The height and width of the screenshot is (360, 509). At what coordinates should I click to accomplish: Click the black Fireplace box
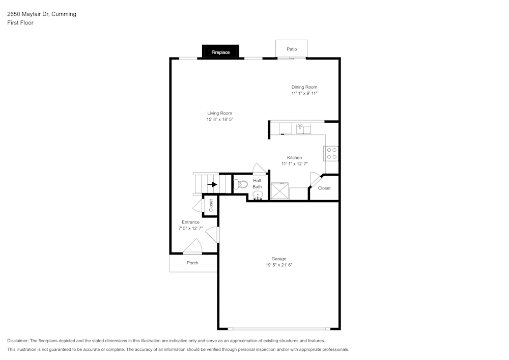coord(220,52)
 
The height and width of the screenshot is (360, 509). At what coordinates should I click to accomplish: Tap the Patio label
coord(291,49)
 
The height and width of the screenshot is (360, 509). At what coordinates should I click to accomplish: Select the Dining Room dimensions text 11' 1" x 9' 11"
coord(304,94)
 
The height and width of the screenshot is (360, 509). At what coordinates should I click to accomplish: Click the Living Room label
coord(219,113)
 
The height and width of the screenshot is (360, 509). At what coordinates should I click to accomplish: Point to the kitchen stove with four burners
coord(331,153)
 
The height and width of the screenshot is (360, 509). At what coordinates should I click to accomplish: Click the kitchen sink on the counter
coord(303,128)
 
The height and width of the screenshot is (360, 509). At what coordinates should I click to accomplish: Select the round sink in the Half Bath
coord(258,194)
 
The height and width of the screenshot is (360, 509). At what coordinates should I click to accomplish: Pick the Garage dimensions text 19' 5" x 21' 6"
coord(279,265)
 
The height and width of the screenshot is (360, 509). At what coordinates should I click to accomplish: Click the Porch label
coord(192,263)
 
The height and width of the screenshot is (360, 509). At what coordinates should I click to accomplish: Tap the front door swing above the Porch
coord(193,247)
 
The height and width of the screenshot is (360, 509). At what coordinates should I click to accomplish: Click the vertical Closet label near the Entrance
coord(211,205)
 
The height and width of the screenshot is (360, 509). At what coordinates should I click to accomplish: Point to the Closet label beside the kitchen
coord(324,188)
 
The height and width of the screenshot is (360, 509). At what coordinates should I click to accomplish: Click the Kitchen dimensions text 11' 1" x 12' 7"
coord(295,164)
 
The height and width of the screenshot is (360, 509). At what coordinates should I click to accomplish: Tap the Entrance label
coord(191,222)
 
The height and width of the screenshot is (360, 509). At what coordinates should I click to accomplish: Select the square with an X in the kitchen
coord(279,191)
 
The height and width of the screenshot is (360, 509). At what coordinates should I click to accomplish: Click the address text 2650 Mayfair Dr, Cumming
coord(42,14)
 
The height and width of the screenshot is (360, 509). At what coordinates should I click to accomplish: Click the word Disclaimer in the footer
coord(18,341)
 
